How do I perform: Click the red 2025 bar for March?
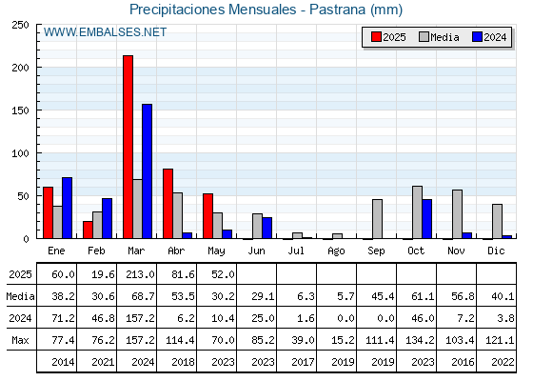click(128, 147)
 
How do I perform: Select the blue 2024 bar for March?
click(148, 171)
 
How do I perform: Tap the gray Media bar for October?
click(417, 212)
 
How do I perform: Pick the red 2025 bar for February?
click(88, 230)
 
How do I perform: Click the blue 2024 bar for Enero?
click(67, 208)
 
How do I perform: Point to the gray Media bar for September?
click(377, 219)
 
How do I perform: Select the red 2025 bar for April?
click(168, 204)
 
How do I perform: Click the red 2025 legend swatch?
click(376, 37)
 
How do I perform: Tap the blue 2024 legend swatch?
click(477, 37)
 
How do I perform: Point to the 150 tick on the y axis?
click(20, 110)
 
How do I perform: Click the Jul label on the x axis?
click(296, 251)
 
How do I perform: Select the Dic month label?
click(496, 251)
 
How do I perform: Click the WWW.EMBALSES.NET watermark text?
click(105, 32)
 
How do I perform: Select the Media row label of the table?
click(20, 296)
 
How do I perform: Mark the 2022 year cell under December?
click(503, 362)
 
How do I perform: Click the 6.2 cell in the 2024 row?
click(187, 318)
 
